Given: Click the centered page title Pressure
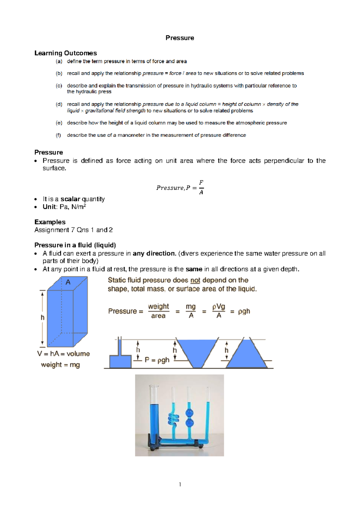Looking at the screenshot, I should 180,38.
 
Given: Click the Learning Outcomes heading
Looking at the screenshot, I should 65,53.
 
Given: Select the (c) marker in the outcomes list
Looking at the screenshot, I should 59,86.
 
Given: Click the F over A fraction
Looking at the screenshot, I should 201,187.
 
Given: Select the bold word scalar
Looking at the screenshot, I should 70,199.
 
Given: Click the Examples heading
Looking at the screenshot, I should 50,222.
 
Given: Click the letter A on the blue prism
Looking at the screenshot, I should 68,282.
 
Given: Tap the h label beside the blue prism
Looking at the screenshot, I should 43,317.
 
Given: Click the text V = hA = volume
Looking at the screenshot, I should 63,354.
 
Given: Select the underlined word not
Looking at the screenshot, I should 195,280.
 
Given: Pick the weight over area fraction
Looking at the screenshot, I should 158,311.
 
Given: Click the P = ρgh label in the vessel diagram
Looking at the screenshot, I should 157,360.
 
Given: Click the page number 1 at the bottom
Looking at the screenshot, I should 180,484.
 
